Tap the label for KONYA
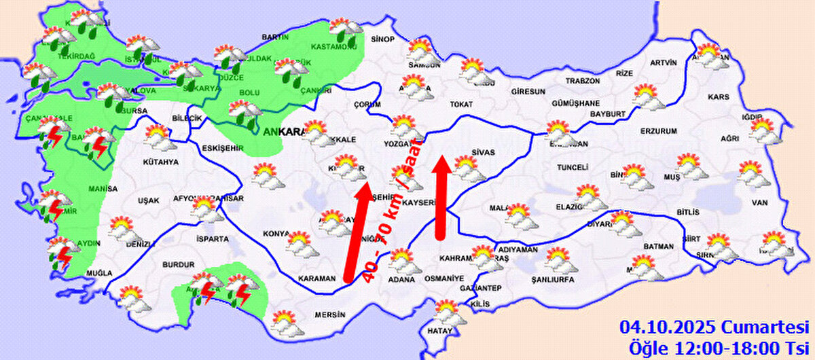point(276,233)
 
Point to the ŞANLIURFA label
point(553,279)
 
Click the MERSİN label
point(329,314)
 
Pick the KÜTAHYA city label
point(161,162)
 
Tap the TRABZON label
point(583,80)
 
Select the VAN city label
point(759,202)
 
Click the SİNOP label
point(382,39)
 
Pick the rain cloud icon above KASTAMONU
point(345,30)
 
